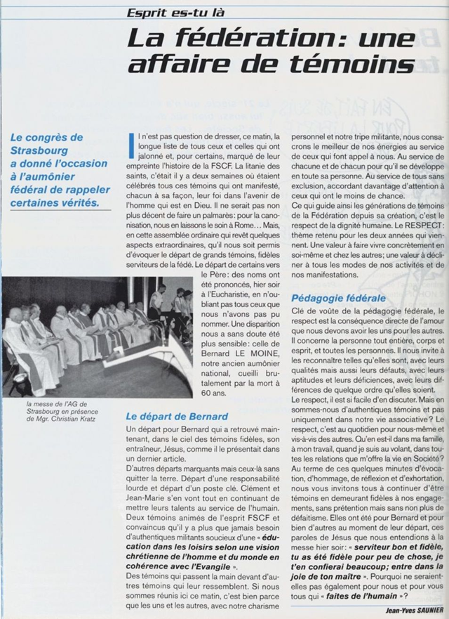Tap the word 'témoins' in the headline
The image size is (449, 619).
click(x=356, y=65)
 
